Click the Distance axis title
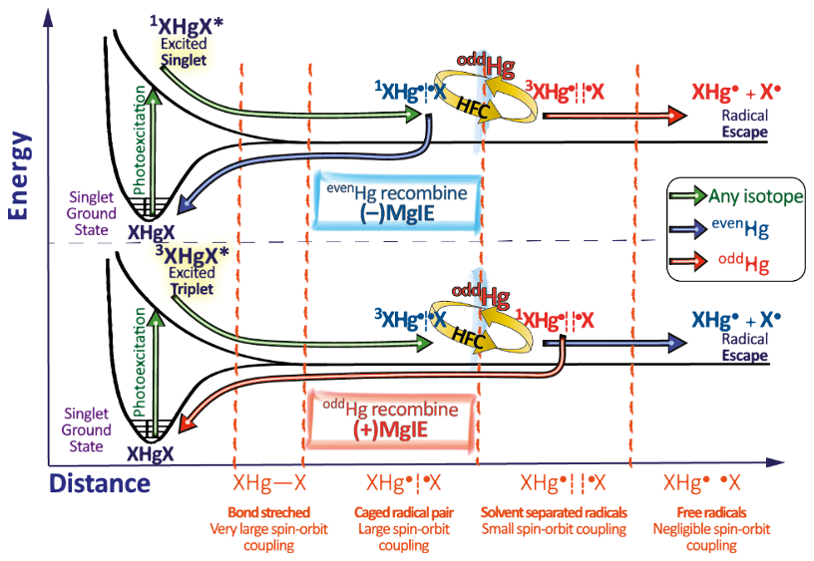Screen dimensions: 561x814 [99, 484]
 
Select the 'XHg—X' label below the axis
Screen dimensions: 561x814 [268, 484]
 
